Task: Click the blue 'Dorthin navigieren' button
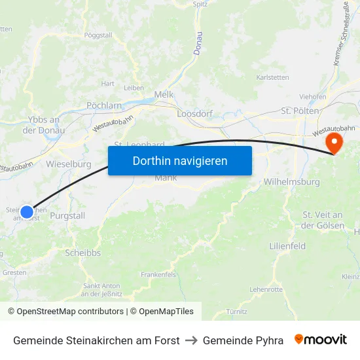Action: tap(180, 160)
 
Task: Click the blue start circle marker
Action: tap(27, 211)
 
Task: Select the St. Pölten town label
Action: tap(300, 111)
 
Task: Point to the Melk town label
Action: tap(164, 94)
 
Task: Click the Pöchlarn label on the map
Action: tap(104, 105)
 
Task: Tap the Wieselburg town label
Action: tap(69, 164)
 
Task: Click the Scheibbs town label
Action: tap(82, 252)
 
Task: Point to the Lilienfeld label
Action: tap(287, 246)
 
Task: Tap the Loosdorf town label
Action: tap(195, 113)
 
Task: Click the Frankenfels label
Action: tap(158, 274)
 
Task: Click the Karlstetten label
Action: tap(272, 77)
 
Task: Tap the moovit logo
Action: tap(321, 340)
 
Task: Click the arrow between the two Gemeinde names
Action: tap(191, 340)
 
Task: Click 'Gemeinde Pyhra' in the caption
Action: tap(243, 340)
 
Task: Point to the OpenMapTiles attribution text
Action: tap(162, 312)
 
